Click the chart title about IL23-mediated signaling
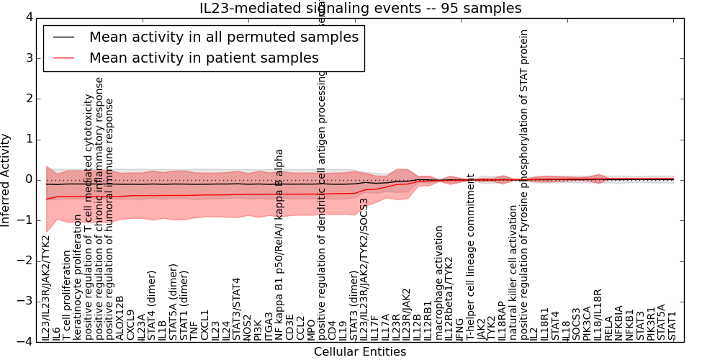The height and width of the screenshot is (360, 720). click(360, 9)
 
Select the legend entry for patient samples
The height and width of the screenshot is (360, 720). click(204, 58)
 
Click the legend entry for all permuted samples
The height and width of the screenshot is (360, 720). click(223, 37)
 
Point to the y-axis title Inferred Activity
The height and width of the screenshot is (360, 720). click(6, 180)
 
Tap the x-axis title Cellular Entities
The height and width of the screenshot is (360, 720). click(360, 352)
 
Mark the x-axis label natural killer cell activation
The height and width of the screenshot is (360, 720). click(513, 273)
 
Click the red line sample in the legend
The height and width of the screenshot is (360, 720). click(63, 58)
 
